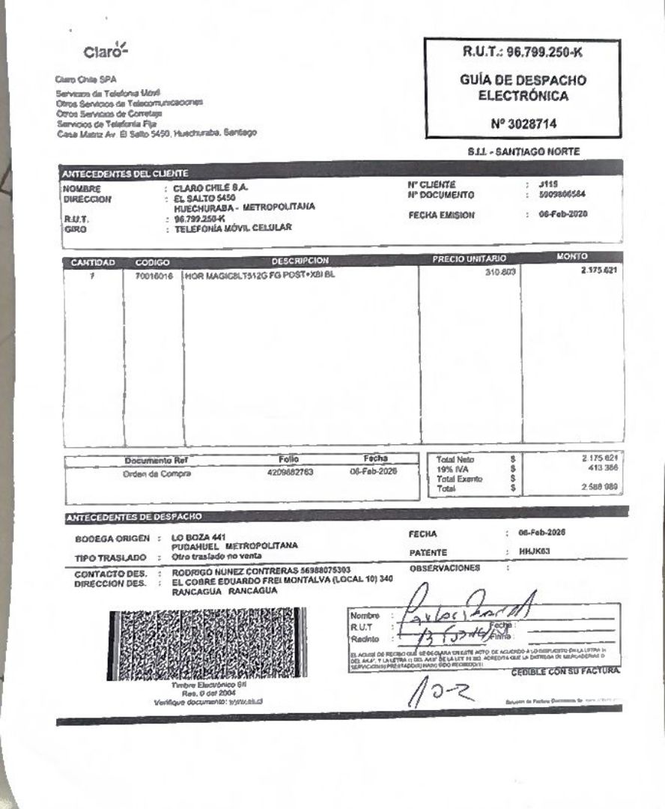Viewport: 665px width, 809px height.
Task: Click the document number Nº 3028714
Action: point(522,123)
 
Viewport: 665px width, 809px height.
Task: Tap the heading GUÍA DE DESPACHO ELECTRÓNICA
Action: point(522,88)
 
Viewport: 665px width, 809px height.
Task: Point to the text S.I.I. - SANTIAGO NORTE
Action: point(523,152)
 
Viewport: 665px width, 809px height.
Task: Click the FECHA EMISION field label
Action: point(441,214)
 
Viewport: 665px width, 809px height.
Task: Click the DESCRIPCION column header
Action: point(300,261)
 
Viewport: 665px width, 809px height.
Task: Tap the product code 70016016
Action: point(154,275)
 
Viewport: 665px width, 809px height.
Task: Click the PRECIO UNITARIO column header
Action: point(470,260)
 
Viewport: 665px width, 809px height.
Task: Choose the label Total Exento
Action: point(460,479)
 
